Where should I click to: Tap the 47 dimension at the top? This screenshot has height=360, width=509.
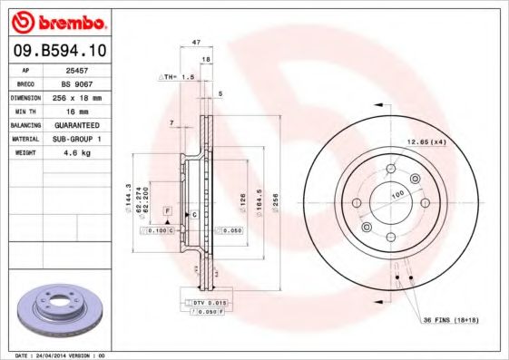(195, 42)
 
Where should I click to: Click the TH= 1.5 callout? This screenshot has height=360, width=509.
(179, 78)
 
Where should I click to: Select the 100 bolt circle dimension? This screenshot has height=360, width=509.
(396, 194)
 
